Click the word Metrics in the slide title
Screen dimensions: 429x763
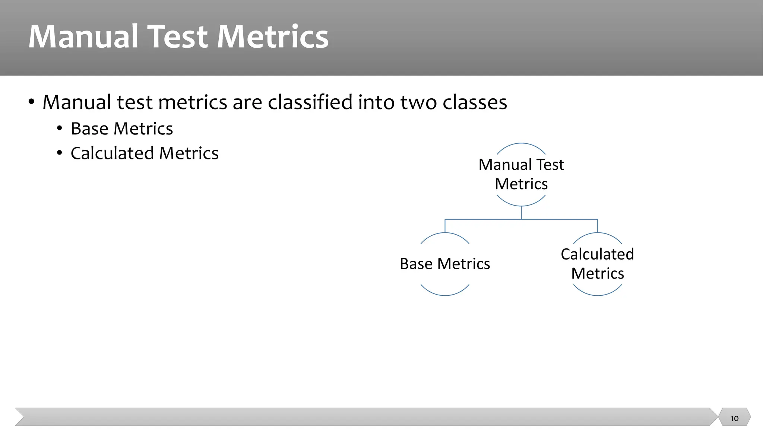point(272,37)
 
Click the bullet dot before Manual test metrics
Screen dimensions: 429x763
point(32,102)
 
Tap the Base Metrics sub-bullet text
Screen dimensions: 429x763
point(122,129)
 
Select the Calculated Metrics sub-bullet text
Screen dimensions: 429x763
point(145,153)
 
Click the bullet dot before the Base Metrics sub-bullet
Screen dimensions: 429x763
point(60,129)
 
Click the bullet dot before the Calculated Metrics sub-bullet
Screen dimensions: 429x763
point(60,153)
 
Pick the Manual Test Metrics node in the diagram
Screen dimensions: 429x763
point(521,174)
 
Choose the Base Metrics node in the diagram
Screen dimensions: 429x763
point(445,264)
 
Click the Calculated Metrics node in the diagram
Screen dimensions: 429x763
point(597,264)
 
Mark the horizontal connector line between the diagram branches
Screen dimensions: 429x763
point(484,219)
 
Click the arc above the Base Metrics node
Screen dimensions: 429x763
point(445,233)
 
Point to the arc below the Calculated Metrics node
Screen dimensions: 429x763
point(597,295)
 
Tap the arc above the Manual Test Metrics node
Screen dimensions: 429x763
point(521,143)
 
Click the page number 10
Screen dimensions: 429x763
point(734,418)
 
